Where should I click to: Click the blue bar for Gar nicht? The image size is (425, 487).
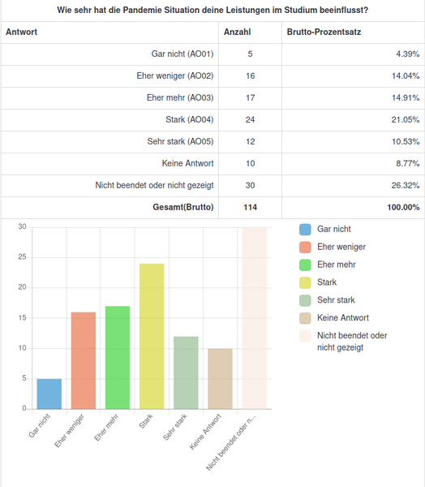coord(49,394)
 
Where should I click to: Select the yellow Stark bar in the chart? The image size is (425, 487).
coord(152,336)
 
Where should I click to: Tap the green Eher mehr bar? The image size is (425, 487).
coord(118,357)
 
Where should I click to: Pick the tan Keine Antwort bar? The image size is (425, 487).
coord(220,378)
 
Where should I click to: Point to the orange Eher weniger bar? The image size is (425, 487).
coord(84,360)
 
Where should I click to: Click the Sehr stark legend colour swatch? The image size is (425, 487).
coord(305,300)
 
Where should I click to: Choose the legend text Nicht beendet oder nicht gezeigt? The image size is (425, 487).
coord(352,342)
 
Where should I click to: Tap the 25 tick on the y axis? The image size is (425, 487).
coord(23,257)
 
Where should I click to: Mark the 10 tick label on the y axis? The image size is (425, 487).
coord(23,348)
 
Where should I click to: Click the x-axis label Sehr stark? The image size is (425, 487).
coord(175,427)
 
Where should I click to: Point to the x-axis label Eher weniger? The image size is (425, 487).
coord(70,430)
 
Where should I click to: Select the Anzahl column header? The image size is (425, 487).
coord(237,32)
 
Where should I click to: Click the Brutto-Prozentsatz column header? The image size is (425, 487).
coord(324,32)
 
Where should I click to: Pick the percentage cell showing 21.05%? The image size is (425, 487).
coord(406,119)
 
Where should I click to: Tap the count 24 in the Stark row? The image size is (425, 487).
coord(251,119)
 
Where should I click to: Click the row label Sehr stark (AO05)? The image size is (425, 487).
coord(180,141)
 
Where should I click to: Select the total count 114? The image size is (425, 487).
coord(251,207)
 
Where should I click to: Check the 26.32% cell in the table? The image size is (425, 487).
coord(406,185)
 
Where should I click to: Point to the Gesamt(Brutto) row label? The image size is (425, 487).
coord(183,207)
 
